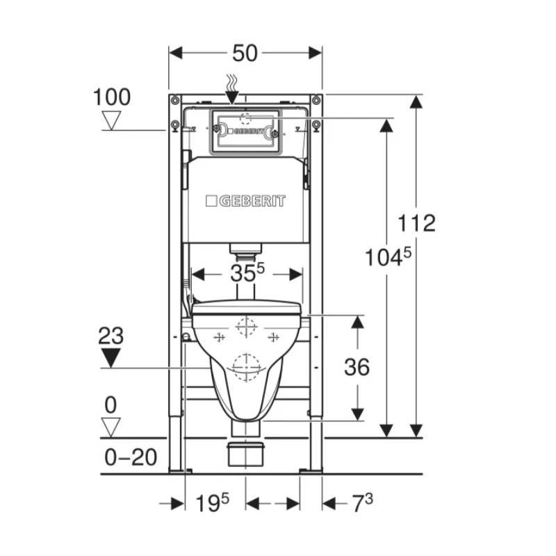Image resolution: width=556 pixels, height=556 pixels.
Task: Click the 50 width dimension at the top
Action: [x=245, y=54]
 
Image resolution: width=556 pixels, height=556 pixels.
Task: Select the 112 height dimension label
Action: [x=416, y=223]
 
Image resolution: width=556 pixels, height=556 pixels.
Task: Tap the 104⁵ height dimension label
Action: [x=388, y=257]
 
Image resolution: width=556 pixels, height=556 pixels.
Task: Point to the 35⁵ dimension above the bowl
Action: [x=247, y=272]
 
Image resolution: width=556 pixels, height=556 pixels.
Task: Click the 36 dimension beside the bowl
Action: [x=357, y=367]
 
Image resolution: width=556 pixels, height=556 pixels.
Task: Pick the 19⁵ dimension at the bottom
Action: [x=212, y=502]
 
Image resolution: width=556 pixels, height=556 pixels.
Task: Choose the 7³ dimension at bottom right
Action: [x=362, y=502]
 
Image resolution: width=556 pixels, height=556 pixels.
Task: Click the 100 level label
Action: [x=112, y=97]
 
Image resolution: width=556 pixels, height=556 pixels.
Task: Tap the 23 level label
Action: [x=111, y=336]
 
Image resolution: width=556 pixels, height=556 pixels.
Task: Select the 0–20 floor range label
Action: [x=131, y=457]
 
